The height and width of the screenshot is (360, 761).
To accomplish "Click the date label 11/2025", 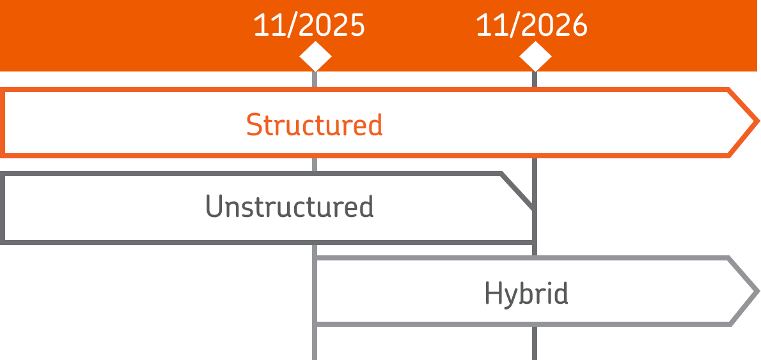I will coord(309,26).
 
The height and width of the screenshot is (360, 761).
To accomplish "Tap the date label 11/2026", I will coord(531,26).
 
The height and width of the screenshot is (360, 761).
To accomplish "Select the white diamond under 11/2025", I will coord(315,57).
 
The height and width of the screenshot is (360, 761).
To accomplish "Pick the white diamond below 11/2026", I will coord(535,57).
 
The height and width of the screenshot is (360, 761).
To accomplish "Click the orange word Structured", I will coord(314,124).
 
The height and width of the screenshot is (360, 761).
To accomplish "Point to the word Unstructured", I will coord(289,207).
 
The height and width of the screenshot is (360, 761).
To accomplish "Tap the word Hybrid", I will coord(526,293).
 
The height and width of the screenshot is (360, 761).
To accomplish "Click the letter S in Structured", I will coord(254,124).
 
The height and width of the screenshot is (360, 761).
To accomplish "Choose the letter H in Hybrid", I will coord(492,293).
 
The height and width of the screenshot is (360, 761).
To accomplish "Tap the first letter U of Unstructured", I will coord(214,207).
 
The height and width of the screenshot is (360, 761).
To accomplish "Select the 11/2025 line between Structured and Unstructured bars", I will coord(315,164).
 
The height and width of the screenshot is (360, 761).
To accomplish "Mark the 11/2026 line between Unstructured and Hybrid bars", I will coord(535,250).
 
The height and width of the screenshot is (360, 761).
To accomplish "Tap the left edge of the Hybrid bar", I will coord(316,291).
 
